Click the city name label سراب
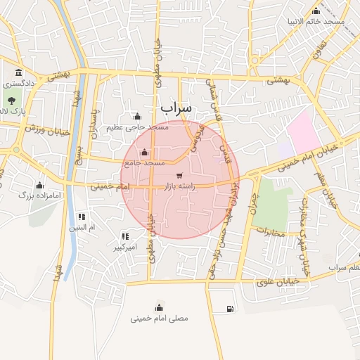pos(176,108)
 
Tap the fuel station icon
pos(231,309)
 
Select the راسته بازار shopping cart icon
pos(179,175)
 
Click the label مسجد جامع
pos(143,162)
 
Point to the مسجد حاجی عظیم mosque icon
pos(136,117)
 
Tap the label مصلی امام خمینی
pos(160,318)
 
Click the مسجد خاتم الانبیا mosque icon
pos(316,11)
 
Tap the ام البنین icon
pos(82,217)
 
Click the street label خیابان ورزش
pos(46,130)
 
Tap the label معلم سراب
pos(344,268)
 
